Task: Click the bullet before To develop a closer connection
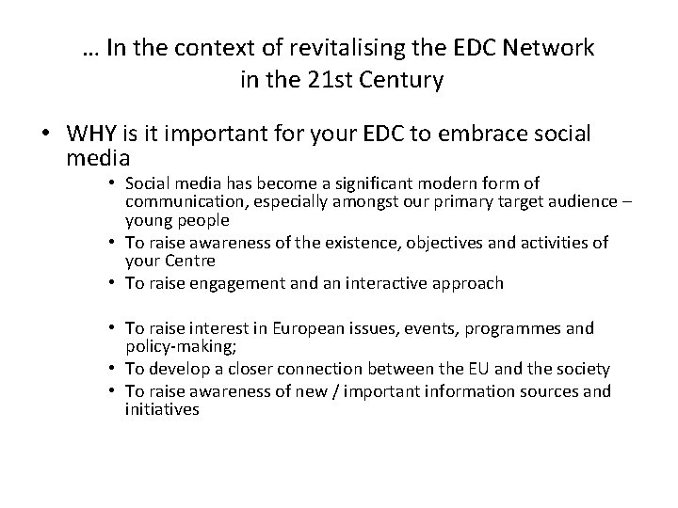(112, 368)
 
